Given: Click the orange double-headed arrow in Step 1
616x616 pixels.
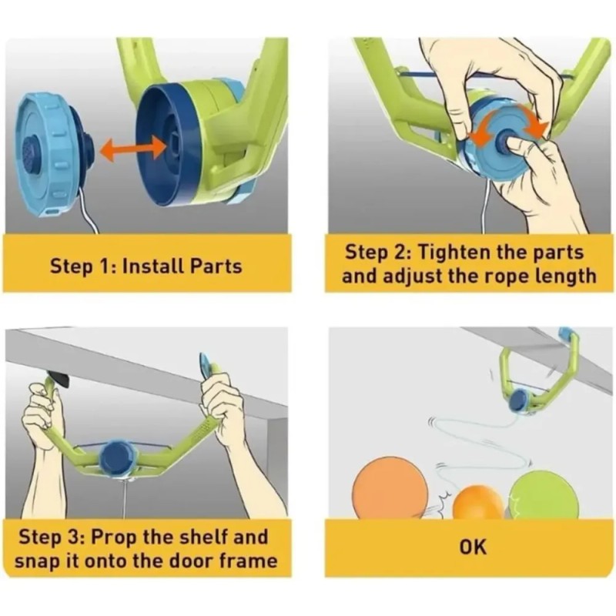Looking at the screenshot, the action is (x=132, y=149).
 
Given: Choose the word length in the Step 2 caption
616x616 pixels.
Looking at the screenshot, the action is (x=566, y=276).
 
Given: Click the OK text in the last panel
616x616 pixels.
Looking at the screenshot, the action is (x=473, y=547).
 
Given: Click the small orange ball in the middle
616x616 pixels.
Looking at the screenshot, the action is (x=477, y=503).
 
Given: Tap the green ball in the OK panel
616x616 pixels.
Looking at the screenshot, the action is (x=544, y=495).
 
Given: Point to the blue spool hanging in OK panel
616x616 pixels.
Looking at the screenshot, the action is (x=521, y=400).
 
